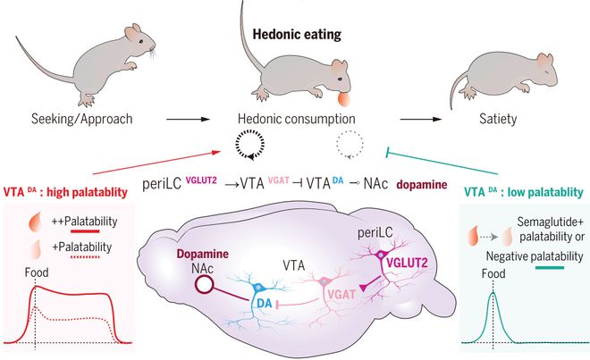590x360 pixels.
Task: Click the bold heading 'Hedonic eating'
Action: point(297,35)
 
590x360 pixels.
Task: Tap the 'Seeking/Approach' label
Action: point(81,119)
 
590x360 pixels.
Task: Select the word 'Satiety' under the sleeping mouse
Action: point(498,119)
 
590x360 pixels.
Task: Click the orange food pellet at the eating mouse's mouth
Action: point(344,99)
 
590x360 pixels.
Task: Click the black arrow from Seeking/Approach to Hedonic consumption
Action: point(188,119)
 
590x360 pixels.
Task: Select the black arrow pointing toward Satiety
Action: point(421,119)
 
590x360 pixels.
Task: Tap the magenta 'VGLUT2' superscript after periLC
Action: point(201,180)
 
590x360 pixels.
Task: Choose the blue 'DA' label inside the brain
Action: point(264,303)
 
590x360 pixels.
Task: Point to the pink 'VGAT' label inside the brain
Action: point(341,295)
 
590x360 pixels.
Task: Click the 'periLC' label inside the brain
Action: point(375,233)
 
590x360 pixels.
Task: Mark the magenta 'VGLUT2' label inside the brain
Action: point(407,263)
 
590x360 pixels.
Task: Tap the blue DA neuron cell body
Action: point(258,288)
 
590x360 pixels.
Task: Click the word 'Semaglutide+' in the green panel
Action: point(551,222)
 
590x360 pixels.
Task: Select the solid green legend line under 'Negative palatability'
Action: point(550,268)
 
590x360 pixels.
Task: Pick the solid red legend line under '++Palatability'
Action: point(85,231)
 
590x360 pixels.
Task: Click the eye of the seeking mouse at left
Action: point(140,41)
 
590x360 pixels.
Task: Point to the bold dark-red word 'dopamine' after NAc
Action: point(422,185)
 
